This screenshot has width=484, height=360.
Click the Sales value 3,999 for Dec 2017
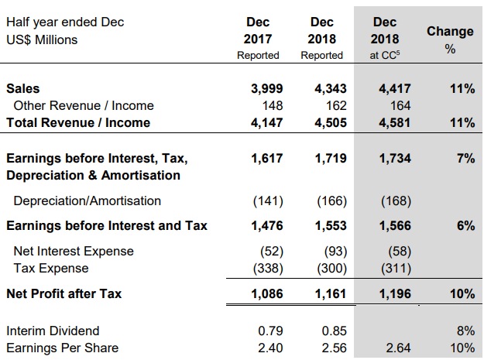[x=266, y=89]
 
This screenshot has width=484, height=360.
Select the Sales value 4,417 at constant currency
[x=395, y=89]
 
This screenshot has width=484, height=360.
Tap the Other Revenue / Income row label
[x=84, y=105]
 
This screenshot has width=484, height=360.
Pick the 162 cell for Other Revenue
[x=336, y=106]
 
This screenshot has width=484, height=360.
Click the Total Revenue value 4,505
[x=331, y=123]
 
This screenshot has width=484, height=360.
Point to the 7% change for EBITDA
[x=465, y=159]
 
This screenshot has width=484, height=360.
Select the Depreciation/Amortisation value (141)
[x=268, y=201]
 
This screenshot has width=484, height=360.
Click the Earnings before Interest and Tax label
[x=107, y=225]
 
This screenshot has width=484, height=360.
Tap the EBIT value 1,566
[x=395, y=226]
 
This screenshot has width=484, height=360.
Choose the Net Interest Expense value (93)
[x=335, y=252]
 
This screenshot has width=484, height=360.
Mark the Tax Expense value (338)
[x=268, y=269]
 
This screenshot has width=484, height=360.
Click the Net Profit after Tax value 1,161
[x=331, y=293]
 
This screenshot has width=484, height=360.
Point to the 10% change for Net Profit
[x=462, y=293]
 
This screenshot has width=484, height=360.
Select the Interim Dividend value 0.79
[x=270, y=331]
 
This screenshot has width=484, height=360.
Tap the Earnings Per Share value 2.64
[x=398, y=348]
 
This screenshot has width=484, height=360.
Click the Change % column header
[x=450, y=39]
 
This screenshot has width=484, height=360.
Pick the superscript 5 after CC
[x=398, y=53]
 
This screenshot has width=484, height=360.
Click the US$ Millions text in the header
[x=42, y=39]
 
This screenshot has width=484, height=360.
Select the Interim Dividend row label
[x=53, y=331]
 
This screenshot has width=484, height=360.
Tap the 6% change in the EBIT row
[x=465, y=226]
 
